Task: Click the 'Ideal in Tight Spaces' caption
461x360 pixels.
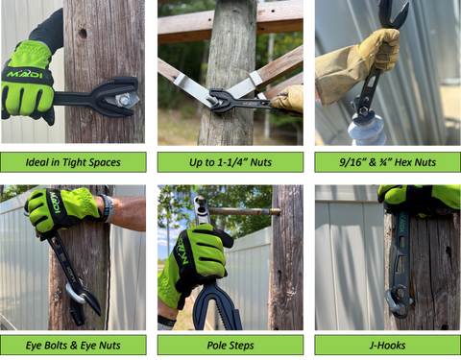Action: tap(73, 162)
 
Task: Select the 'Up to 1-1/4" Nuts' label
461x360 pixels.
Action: tap(230, 162)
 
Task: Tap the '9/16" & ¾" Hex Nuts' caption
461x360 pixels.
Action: tap(387, 162)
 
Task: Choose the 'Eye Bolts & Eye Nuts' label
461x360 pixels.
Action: tap(73, 346)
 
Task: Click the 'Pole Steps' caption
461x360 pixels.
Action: tap(230, 346)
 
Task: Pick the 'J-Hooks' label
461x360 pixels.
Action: tap(387, 346)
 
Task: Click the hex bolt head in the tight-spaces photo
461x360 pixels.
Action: tap(124, 101)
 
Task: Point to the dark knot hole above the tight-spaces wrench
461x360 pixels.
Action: tap(83, 34)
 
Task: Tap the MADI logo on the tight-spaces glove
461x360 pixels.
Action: tap(24, 75)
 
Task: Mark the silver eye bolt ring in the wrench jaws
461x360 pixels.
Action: tap(76, 293)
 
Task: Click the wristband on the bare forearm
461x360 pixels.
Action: tap(108, 208)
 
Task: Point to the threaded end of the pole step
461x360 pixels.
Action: tap(274, 211)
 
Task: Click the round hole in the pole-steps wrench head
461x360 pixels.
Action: tap(202, 210)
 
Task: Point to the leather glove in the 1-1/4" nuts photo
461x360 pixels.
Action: tap(287, 100)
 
